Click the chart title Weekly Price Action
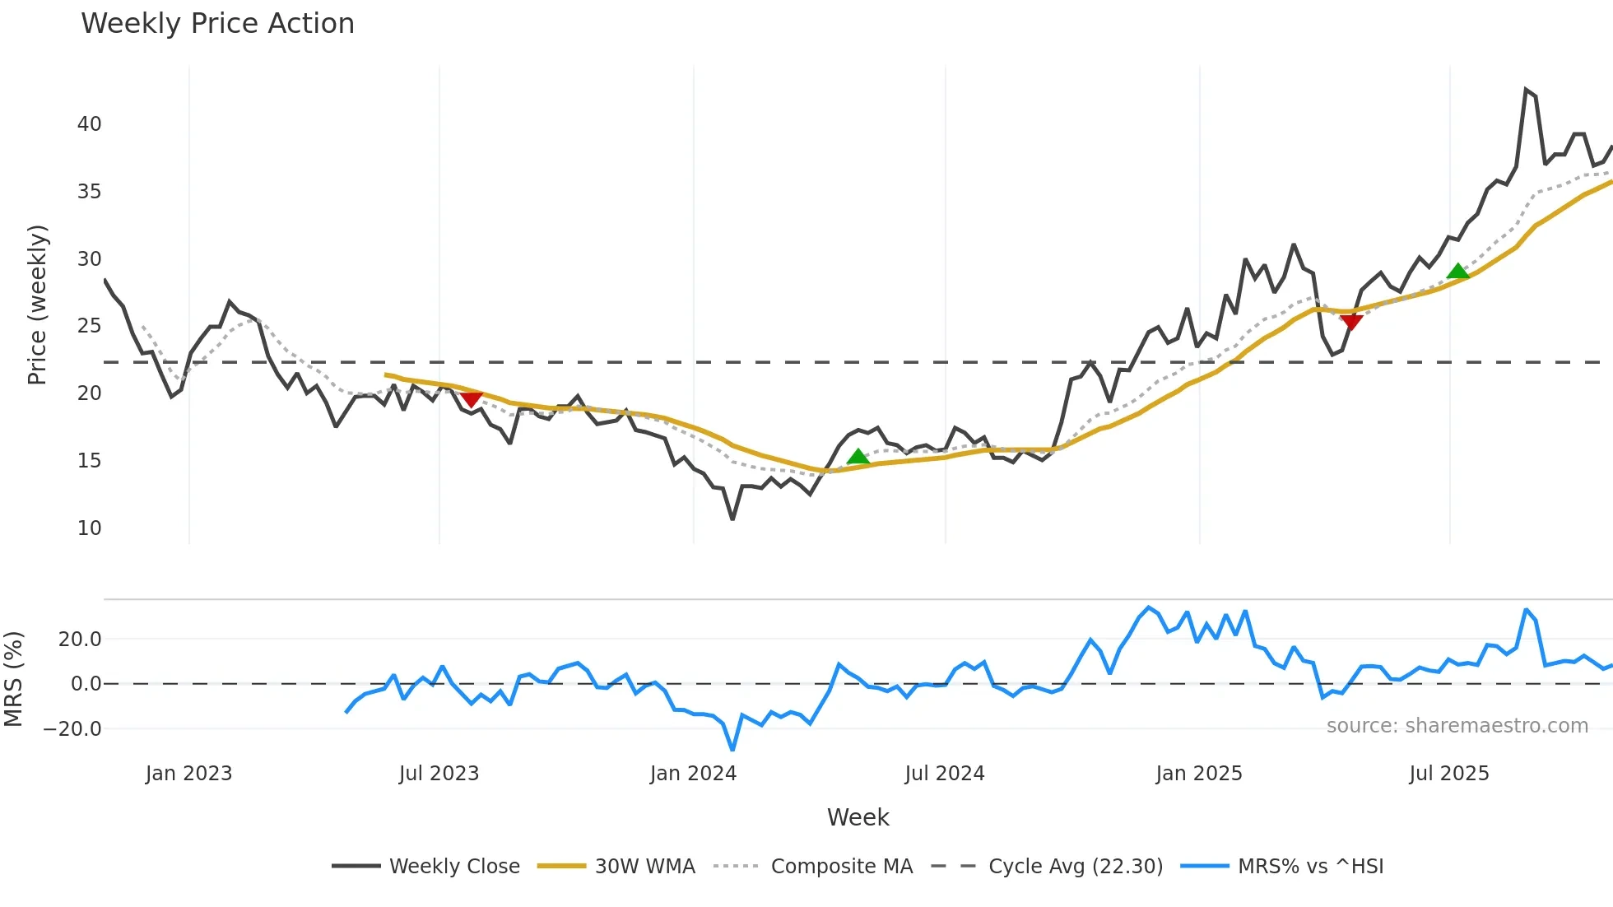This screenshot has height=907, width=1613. point(217,24)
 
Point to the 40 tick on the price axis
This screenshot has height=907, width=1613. point(89,124)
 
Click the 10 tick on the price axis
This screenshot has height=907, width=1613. point(89,528)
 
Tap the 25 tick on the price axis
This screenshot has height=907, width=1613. point(89,326)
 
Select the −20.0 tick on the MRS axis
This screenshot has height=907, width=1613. point(72,729)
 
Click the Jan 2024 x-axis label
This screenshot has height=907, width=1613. point(693,774)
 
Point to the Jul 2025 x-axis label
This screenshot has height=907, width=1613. point(1448,774)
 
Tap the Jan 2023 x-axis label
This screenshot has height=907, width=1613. point(188,774)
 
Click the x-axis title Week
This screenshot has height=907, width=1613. point(858,817)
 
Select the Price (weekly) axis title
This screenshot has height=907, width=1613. point(38,305)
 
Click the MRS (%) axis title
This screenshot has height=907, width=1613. point(13,679)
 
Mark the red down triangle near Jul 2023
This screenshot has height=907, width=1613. point(471,399)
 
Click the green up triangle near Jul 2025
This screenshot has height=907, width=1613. point(1457,272)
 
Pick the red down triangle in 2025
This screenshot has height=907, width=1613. point(1350,321)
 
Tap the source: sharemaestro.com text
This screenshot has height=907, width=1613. point(1457,726)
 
